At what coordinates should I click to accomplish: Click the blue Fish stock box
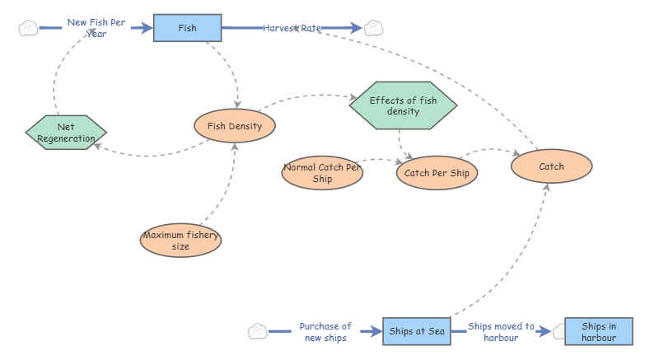pos(188,28)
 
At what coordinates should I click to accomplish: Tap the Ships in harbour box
pos(598,331)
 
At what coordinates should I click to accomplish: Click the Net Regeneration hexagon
pos(66,133)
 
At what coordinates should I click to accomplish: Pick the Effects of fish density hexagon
pos(402,105)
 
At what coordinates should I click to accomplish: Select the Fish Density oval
pos(234,126)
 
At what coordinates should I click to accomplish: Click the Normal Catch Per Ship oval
pos(322,173)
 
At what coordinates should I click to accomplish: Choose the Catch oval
pos(551,166)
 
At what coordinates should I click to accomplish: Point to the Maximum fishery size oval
pos(180,240)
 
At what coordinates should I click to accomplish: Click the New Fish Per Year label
pos(96,28)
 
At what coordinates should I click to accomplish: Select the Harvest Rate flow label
pos(292,28)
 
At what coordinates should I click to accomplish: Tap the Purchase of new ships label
pos(325,332)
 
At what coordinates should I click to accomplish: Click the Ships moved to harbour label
pos(501,332)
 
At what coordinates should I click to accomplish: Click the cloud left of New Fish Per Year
pos(28,28)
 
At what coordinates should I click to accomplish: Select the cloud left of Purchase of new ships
pos(258,332)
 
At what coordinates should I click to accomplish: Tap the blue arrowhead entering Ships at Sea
pos(376,332)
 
